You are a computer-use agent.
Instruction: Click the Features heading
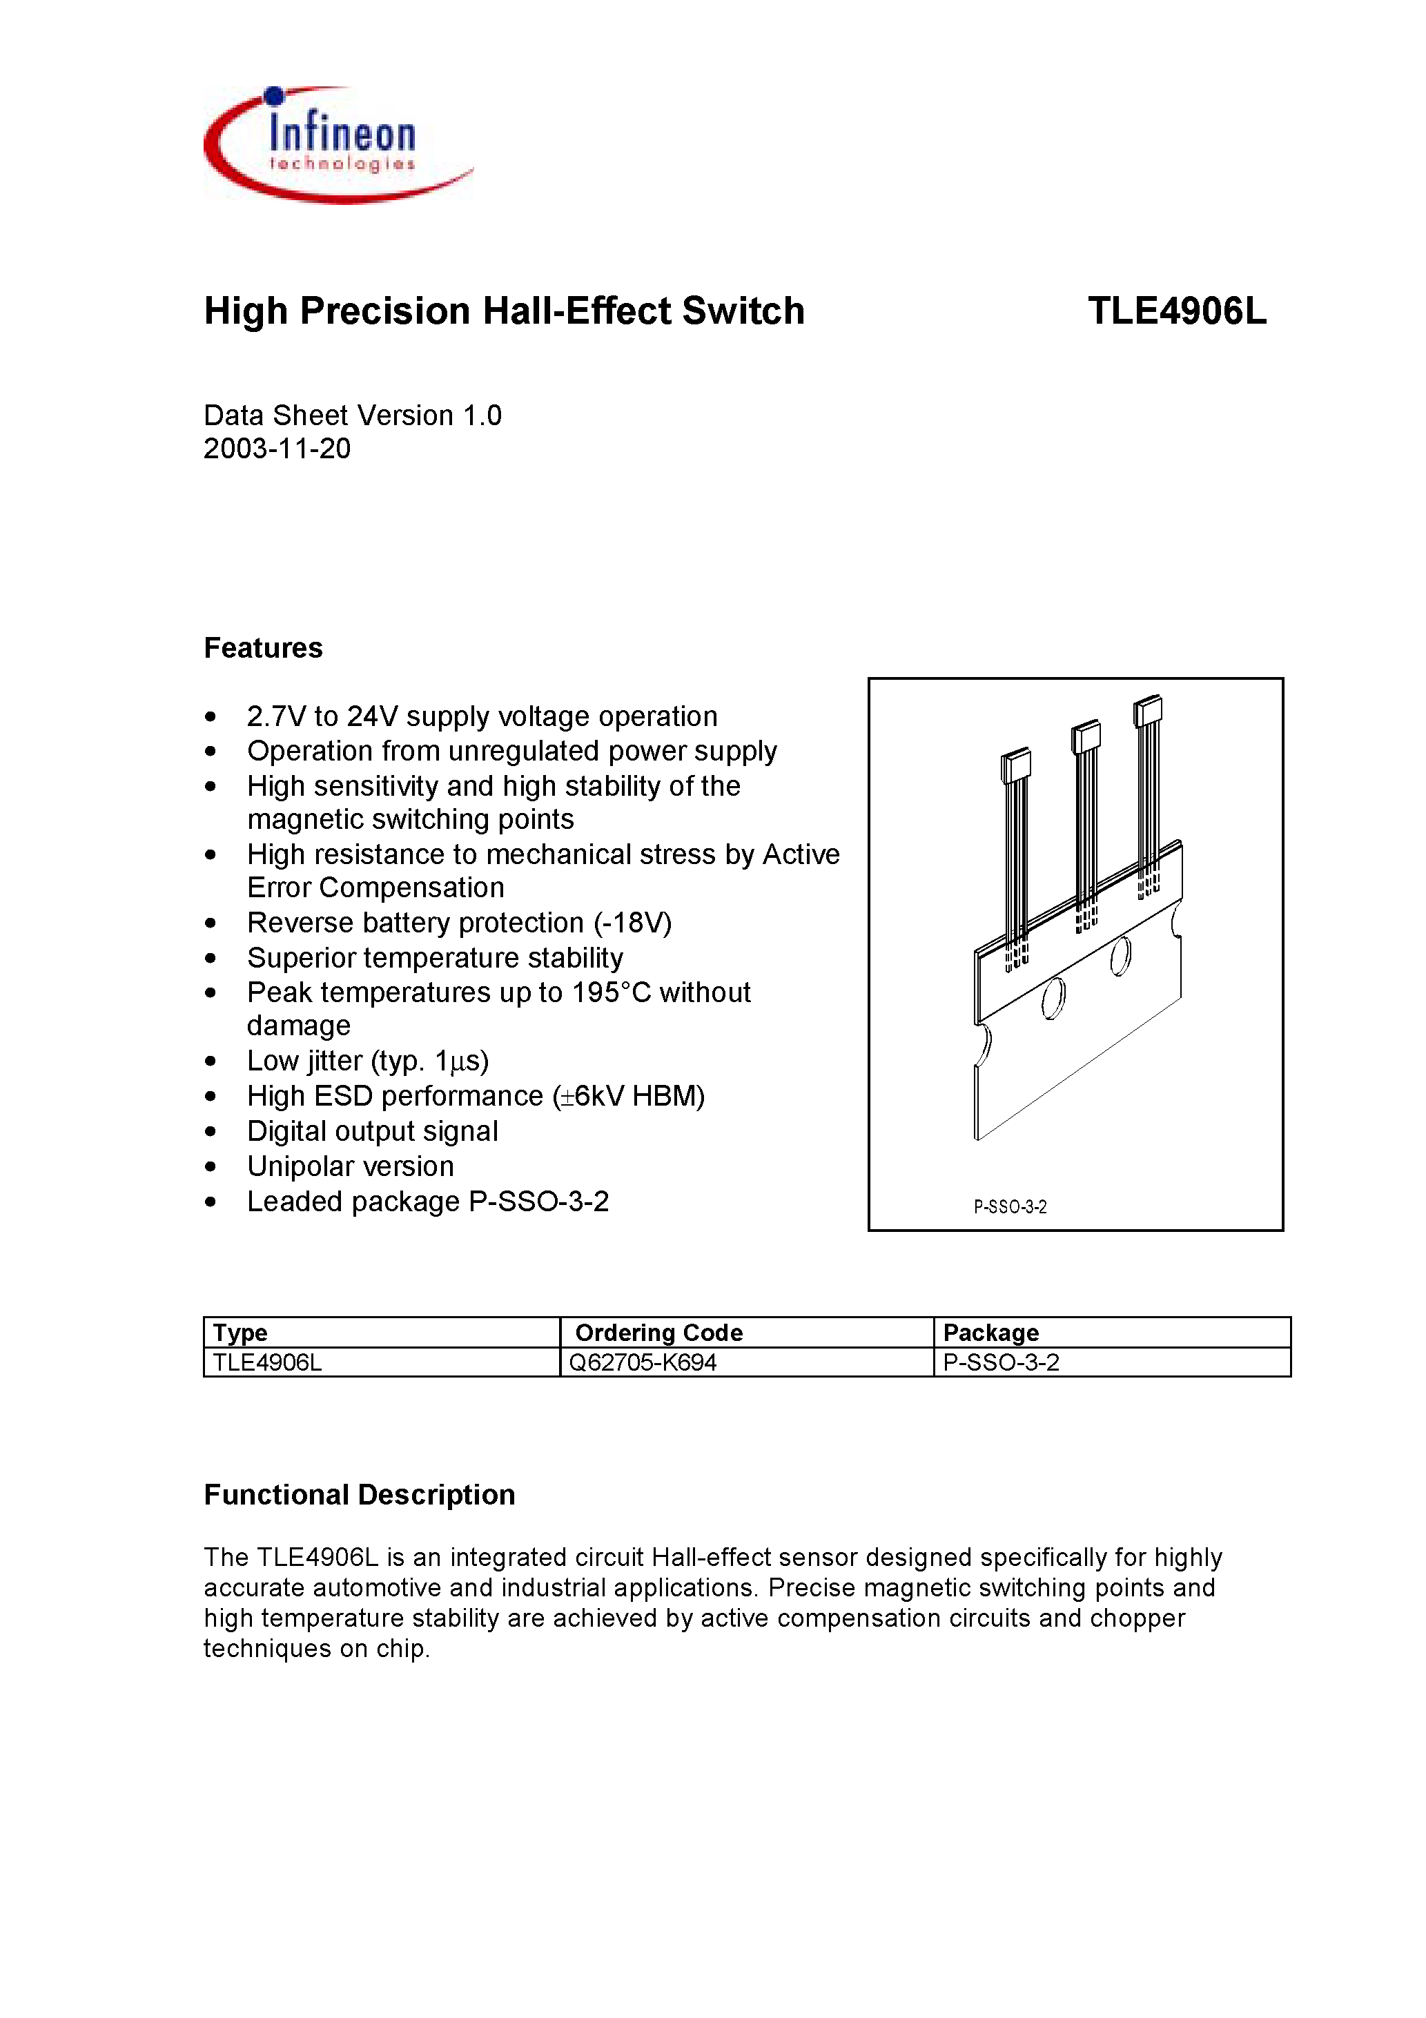pyautogui.click(x=263, y=648)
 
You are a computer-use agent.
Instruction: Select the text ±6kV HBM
pyautogui.click(x=629, y=1096)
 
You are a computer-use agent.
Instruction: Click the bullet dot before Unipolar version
pyautogui.click(x=210, y=1167)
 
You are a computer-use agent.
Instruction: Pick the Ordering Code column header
pyautogui.click(x=658, y=1333)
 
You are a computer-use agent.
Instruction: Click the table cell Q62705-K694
pyautogui.click(x=643, y=1362)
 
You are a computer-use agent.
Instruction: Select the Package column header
pyautogui.click(x=991, y=1333)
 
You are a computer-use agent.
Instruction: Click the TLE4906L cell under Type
pyautogui.click(x=267, y=1362)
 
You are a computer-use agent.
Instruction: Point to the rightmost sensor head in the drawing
pyautogui.click(x=1147, y=710)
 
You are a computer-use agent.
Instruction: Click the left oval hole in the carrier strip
pyautogui.click(x=1053, y=999)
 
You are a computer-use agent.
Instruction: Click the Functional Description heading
pyautogui.click(x=359, y=1495)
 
